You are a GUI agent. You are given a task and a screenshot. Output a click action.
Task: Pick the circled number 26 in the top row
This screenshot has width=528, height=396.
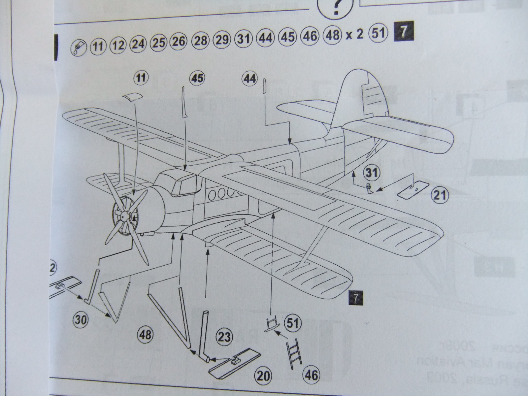[x=179, y=43]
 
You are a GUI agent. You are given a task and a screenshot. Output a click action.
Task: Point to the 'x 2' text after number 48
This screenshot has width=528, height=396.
[x=354, y=35]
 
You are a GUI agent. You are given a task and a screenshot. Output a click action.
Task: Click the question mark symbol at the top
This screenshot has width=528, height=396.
[x=335, y=7]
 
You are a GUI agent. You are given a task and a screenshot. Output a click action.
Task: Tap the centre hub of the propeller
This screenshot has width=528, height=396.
[x=124, y=216]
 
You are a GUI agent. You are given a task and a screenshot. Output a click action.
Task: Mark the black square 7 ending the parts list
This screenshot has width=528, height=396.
[x=403, y=33]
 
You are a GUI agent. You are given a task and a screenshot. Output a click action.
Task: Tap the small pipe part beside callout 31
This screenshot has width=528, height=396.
[x=369, y=188]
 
